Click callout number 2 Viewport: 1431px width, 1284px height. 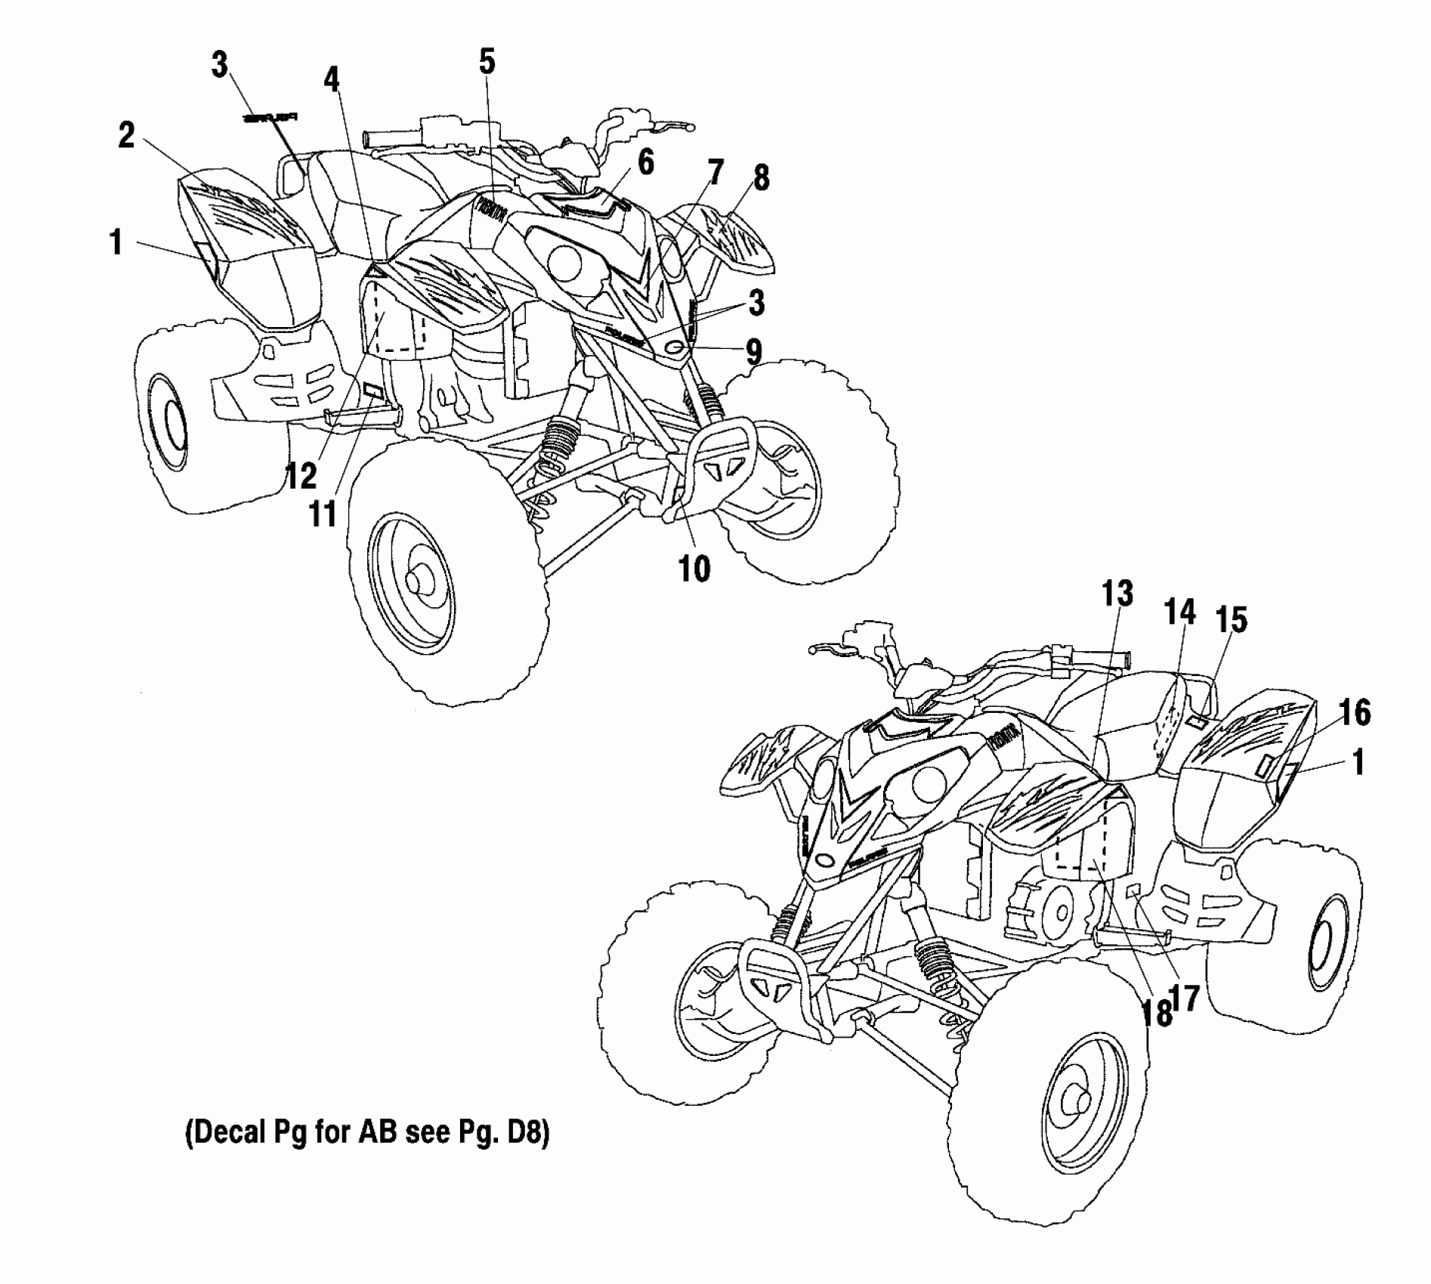(x=126, y=136)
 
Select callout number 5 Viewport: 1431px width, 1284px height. (x=487, y=62)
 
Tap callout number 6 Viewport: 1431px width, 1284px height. (x=644, y=162)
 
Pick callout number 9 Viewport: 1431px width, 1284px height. (x=753, y=351)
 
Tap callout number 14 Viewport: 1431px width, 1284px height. (x=1180, y=613)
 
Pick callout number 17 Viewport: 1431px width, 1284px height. (x=1187, y=998)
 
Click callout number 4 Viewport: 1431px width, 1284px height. (x=332, y=79)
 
